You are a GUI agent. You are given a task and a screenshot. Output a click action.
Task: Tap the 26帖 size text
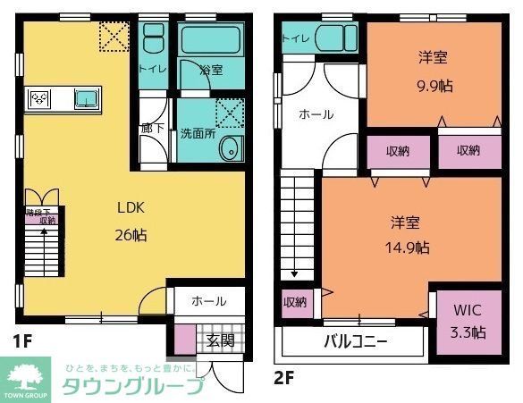click(x=131, y=235)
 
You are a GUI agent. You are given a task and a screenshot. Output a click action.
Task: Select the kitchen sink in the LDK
click(x=86, y=98)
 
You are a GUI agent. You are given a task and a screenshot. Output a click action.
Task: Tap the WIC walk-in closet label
click(x=468, y=311)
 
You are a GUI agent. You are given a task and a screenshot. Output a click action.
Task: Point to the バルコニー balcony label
click(x=355, y=341)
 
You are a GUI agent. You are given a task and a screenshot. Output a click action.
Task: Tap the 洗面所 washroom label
click(x=197, y=134)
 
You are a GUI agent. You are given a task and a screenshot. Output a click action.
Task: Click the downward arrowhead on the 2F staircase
click(x=292, y=274)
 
